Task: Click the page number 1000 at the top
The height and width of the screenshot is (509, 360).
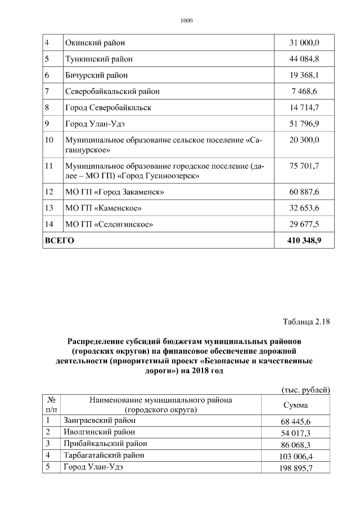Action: pyautogui.click(x=186, y=21)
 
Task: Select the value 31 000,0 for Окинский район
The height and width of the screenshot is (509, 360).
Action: pyautogui.click(x=304, y=43)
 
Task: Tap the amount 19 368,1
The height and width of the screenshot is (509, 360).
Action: pyautogui.click(x=304, y=75)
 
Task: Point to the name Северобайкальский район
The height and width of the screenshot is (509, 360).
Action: pyautogui.click(x=112, y=91)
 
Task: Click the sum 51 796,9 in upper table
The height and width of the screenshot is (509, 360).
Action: pyautogui.click(x=304, y=123)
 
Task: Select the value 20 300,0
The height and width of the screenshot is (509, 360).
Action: pyautogui.click(x=304, y=139)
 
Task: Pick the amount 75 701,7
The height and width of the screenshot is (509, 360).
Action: pyautogui.click(x=304, y=166)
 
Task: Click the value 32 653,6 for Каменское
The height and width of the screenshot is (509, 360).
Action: pyautogui.click(x=304, y=208)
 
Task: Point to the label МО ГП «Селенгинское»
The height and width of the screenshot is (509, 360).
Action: pyautogui.click(x=109, y=224)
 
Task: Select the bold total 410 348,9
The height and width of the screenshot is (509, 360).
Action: pyautogui.click(x=304, y=241)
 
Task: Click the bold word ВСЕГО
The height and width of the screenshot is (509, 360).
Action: pyautogui.click(x=60, y=241)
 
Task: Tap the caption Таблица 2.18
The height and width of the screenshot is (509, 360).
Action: pyautogui.click(x=305, y=322)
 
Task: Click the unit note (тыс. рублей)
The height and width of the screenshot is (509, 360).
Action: pyautogui.click(x=305, y=390)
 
